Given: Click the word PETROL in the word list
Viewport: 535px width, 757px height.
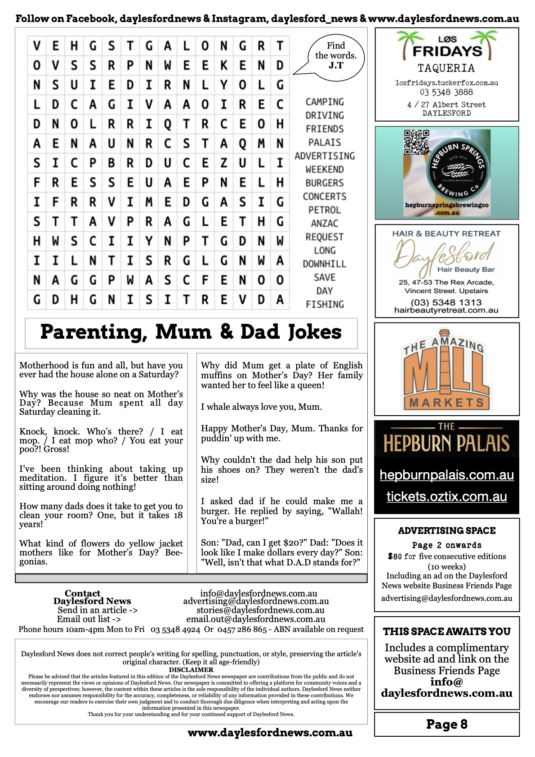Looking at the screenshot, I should click(325, 210).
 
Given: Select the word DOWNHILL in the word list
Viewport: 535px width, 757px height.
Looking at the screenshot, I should click(325, 264).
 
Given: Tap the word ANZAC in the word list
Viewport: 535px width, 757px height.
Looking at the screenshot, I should click(325, 224).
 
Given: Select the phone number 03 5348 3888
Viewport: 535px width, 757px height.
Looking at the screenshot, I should click(446, 92).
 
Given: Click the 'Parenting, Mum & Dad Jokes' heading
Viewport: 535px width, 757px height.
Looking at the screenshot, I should click(191, 332).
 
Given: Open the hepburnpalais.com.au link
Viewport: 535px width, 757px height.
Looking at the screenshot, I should click(446, 475).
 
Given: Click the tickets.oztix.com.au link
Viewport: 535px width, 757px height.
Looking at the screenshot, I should click(446, 497).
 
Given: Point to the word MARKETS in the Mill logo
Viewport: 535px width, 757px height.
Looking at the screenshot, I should click(446, 402).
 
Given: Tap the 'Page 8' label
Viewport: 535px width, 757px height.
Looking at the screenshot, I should click(446, 724).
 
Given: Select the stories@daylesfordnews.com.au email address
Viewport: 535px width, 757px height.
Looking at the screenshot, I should click(260, 610).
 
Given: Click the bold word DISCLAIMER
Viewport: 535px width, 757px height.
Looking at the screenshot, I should click(191, 670).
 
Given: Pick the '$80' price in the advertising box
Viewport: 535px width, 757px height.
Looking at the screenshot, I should click(395, 556).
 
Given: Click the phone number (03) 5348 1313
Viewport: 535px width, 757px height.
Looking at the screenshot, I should click(446, 302).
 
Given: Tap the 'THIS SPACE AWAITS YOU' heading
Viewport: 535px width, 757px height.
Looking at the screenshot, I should click(446, 632).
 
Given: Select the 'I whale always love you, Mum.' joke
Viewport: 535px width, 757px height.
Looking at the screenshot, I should click(261, 407).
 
